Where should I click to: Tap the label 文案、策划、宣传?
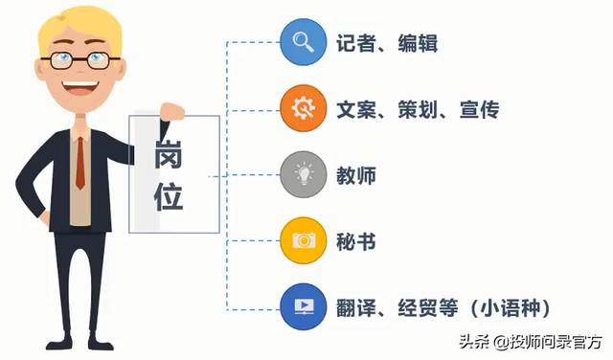(417, 109)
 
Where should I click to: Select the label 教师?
(355, 176)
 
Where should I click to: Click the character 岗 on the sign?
(169, 152)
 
